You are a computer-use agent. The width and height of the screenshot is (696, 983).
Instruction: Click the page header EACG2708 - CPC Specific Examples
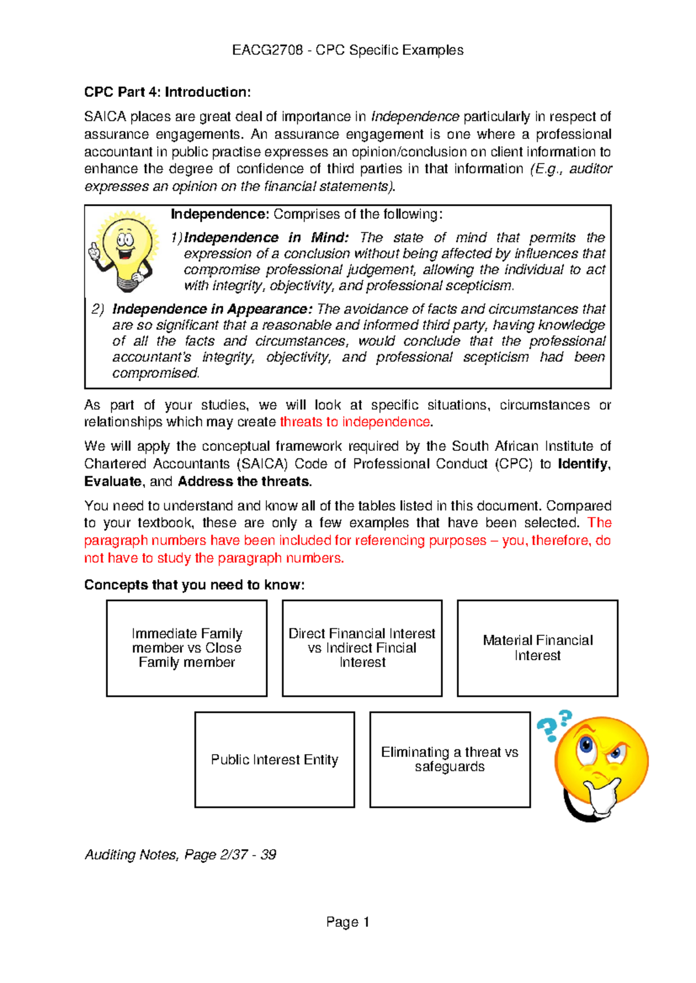[x=347, y=50]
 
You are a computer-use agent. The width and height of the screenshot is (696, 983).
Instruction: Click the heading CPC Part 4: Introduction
[x=167, y=92]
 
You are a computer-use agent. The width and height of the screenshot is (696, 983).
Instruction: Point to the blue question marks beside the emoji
[x=554, y=726]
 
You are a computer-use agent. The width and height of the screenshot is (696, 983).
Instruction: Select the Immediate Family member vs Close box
[x=187, y=647]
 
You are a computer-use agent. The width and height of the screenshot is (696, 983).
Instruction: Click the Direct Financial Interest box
[x=362, y=647]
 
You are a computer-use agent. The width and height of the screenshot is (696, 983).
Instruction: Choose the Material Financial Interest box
[x=538, y=647]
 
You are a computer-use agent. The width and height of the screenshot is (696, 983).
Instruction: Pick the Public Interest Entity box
[x=274, y=759]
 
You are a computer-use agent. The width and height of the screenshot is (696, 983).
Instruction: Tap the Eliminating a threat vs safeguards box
[x=449, y=759]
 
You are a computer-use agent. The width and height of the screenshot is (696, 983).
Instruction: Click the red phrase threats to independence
[x=355, y=422]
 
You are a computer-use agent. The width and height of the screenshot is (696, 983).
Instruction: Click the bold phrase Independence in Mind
[x=266, y=238]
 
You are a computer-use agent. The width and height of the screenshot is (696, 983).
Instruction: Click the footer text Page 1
[x=347, y=922]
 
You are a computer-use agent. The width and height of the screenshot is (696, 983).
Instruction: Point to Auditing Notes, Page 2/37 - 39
[x=180, y=854]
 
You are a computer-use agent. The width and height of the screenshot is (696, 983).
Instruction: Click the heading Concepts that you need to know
[x=194, y=585]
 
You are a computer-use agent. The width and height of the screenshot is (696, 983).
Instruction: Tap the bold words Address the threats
[x=244, y=482]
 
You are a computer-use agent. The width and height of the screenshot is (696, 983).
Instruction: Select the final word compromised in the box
[x=155, y=373]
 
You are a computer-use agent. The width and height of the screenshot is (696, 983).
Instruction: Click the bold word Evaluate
[x=113, y=482]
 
